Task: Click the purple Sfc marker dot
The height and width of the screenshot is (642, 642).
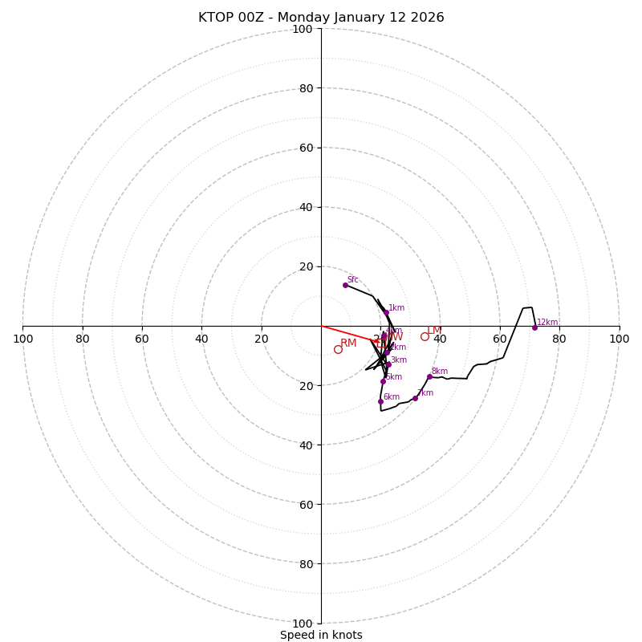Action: pyautogui.click(x=345, y=285)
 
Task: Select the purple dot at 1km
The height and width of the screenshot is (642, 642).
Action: pyautogui.click(x=386, y=312)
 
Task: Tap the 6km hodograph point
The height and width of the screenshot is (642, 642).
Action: pyautogui.click(x=380, y=401)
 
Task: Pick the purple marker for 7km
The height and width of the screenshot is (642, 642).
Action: pyautogui.click(x=415, y=398)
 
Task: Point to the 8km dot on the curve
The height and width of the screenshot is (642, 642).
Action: pyautogui.click(x=429, y=376)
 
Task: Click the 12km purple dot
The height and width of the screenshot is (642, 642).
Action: pyautogui.click(x=534, y=327)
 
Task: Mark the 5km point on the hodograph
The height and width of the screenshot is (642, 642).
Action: pyautogui.click(x=383, y=381)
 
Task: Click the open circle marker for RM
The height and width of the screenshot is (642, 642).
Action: pyautogui.click(x=338, y=349)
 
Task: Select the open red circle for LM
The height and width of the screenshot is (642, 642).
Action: pyautogui.click(x=425, y=336)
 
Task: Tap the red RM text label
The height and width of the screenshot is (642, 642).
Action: pyautogui.click(x=348, y=343)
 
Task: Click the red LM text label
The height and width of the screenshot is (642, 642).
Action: pyautogui.click(x=434, y=331)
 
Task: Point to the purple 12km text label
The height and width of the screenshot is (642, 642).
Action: pyautogui.click(x=547, y=323)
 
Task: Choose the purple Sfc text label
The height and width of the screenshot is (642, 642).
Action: pyautogui.click(x=353, y=280)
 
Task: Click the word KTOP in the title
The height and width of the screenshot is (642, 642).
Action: pyautogui.click(x=215, y=18)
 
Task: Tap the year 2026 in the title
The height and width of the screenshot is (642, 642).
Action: pyautogui.click(x=427, y=18)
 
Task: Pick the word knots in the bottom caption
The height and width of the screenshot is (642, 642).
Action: pyautogui.click(x=347, y=636)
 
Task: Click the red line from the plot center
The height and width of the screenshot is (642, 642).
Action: pyautogui.click(x=347, y=333)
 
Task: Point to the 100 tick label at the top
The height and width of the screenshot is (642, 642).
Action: pyautogui.click(x=302, y=29)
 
